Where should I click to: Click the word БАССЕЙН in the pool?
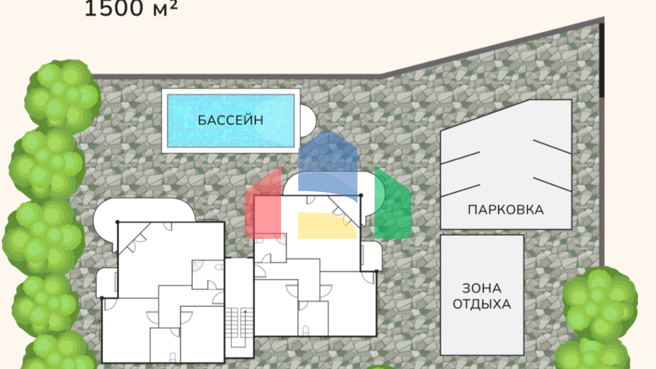pyautogui.click(x=231, y=120)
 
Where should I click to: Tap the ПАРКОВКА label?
pyautogui.click(x=506, y=210)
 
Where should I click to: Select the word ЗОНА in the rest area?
pyautogui.click(x=482, y=288)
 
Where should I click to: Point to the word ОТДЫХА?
pyautogui.click(x=482, y=304)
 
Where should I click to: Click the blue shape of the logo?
pyautogui.click(x=328, y=165)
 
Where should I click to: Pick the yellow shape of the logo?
pyautogui.click(x=328, y=225)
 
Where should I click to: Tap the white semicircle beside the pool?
pyautogui.click(x=308, y=121)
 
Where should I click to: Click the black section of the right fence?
pyautogui.click(x=602, y=60)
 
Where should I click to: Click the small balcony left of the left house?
pyautogui.click(x=107, y=283)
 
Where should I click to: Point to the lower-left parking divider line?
pyautogui.click(x=460, y=190)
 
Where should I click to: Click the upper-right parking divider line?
pyautogui.click(x=552, y=147)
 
